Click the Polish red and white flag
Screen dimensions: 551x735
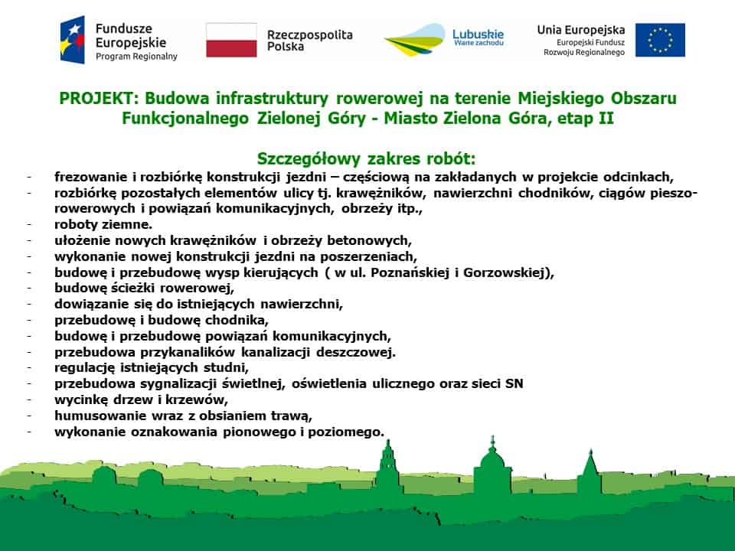231,40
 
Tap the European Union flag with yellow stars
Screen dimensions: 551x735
660,40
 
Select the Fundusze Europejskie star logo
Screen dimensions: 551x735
73,40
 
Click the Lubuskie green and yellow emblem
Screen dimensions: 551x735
414,41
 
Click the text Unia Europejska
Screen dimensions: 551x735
581,30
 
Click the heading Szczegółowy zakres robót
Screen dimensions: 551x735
367,158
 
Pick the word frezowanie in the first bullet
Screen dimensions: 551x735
88,176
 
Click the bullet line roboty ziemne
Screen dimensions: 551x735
103,224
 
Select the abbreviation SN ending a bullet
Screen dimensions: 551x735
514,384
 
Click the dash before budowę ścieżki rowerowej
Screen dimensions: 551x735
29,289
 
